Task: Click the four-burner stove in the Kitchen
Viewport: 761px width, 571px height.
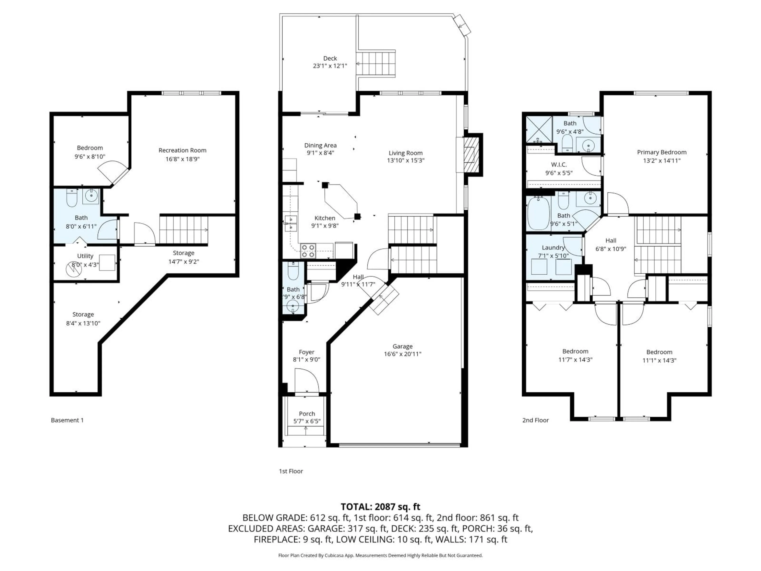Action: click(x=308, y=251)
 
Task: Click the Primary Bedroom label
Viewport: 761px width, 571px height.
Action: click(x=661, y=152)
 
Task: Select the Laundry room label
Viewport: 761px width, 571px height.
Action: click(x=553, y=247)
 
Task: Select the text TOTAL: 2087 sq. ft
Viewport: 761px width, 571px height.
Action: click(x=380, y=507)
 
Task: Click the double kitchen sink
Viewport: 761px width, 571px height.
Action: click(x=291, y=223)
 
